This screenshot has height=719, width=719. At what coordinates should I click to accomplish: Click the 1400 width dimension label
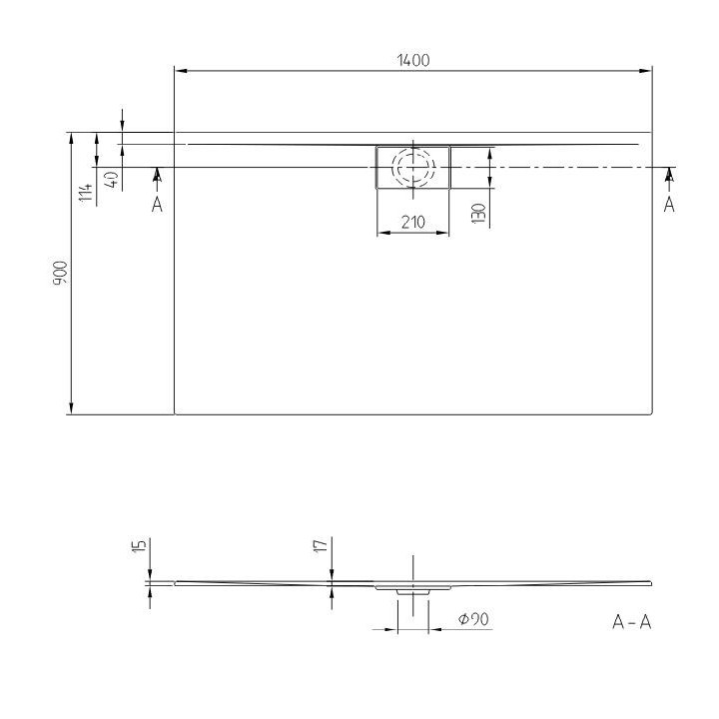(x=412, y=60)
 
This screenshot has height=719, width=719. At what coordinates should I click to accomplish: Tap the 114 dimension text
(x=87, y=188)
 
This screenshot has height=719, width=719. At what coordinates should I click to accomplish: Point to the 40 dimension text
(x=112, y=180)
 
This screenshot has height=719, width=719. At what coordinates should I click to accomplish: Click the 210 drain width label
(x=412, y=223)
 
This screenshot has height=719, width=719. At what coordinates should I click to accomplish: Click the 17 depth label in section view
(x=321, y=545)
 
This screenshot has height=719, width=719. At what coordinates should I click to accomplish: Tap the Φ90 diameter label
(x=472, y=619)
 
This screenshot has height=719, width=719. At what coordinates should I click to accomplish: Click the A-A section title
(x=631, y=622)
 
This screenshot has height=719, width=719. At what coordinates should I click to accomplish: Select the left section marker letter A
(x=156, y=204)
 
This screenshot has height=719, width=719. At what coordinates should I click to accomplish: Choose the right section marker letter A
(x=669, y=204)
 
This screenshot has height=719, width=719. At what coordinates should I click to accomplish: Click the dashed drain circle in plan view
(x=412, y=167)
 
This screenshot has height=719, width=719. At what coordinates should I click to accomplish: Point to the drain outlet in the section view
(x=412, y=592)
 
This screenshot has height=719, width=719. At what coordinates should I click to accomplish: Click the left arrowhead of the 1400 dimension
(x=181, y=71)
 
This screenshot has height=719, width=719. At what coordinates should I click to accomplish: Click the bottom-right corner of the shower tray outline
(x=651, y=412)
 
